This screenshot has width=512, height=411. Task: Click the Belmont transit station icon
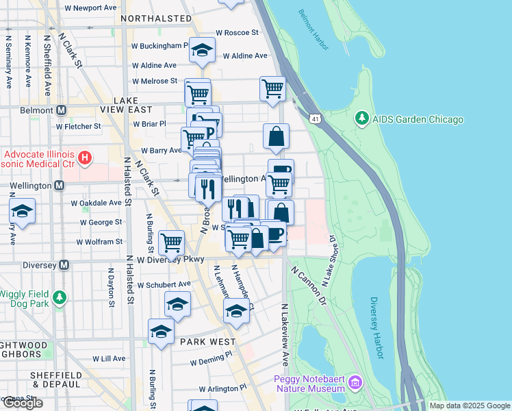tap(62, 110)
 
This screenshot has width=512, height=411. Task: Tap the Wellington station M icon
tap(60, 185)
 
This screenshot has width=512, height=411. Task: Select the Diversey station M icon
tap(64, 264)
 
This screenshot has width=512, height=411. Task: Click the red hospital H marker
tap(85, 159)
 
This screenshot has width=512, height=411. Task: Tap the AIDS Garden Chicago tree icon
tap(361, 119)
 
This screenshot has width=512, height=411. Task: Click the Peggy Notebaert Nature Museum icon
tap(355, 381)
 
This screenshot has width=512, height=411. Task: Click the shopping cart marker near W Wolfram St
tap(171, 242)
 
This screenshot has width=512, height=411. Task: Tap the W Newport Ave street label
tap(90, 8)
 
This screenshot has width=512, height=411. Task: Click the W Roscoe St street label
tap(237, 32)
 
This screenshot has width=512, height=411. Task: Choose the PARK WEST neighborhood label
tap(208, 341)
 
